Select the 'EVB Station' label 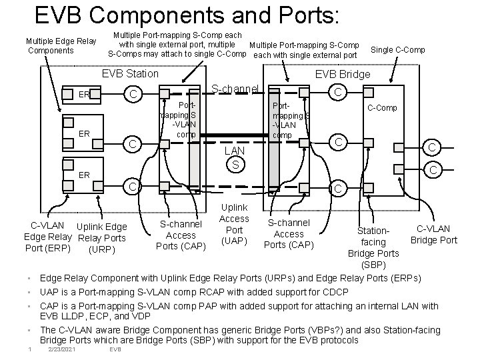[x=130, y=74]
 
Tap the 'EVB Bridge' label [x=343, y=74]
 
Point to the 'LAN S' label [x=235, y=158]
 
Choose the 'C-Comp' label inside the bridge [x=382, y=107]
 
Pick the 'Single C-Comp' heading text [x=397, y=50]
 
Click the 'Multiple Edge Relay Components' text [x=61, y=46]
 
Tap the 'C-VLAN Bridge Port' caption [x=433, y=235]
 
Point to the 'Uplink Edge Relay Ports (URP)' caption [x=101, y=239]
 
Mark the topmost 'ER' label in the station [x=84, y=95]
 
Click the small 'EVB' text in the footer [x=115, y=349]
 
